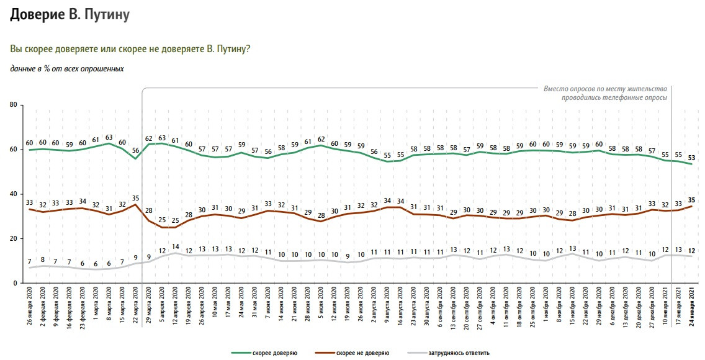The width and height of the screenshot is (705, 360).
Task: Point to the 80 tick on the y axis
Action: tap(13, 106)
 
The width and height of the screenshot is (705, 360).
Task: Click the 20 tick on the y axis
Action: tap(13, 239)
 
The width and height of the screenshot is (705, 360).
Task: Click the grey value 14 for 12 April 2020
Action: tap(175, 246)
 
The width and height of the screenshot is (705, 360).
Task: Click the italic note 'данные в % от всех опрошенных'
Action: tap(67, 69)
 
